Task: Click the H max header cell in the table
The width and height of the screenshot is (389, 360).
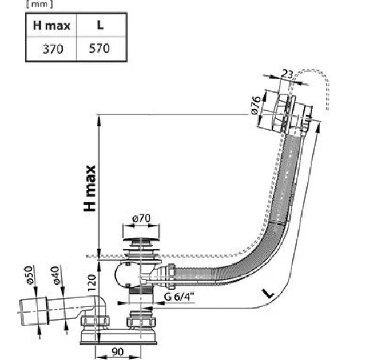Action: point(51,25)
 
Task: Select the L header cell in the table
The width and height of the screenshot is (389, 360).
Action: point(100,25)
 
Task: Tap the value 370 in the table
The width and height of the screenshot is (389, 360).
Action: point(53,49)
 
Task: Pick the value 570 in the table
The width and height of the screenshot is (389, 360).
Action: point(99,49)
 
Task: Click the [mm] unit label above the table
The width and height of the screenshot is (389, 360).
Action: point(39,5)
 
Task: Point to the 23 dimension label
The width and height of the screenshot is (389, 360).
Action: point(287,74)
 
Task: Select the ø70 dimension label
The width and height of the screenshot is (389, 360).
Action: point(141,218)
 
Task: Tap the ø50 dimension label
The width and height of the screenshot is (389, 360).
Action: point(29,275)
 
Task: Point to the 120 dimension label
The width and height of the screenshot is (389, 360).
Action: point(92,283)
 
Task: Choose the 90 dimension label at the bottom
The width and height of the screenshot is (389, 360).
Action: point(118,352)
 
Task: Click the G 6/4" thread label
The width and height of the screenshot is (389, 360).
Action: point(178,297)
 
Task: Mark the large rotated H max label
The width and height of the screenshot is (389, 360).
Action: point(90,189)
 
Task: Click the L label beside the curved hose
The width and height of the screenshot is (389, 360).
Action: point(268,294)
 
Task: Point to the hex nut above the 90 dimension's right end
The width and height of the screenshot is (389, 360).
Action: point(141,322)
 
